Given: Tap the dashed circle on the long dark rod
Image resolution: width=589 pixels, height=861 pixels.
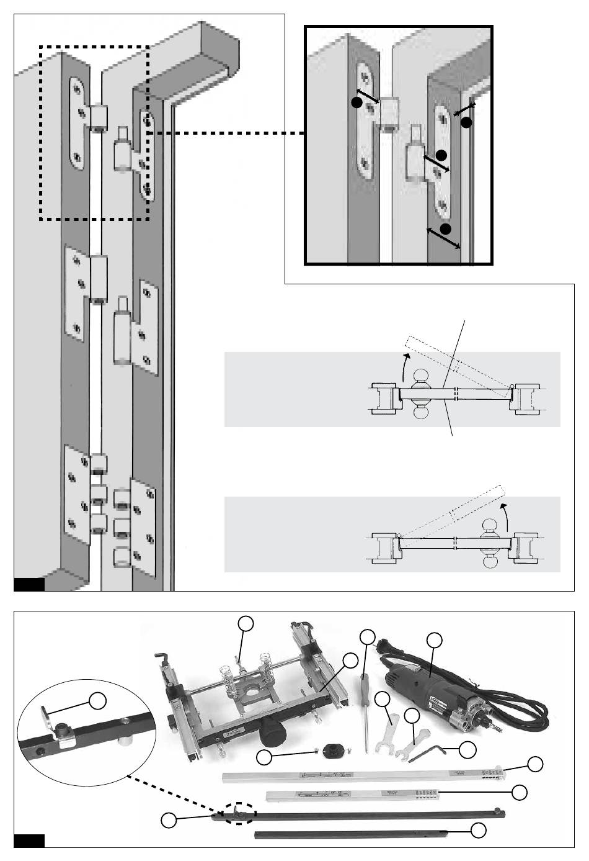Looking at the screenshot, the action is tap(237, 813).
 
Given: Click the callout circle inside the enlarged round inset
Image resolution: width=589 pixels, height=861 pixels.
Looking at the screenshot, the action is tap(98, 701).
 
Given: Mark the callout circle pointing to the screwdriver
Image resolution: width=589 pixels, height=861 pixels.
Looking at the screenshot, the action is tap(368, 636).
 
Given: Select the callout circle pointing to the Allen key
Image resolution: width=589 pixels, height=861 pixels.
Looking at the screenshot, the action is tap(468, 749).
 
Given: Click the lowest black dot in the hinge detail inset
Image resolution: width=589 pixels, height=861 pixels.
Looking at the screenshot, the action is tap(446, 229).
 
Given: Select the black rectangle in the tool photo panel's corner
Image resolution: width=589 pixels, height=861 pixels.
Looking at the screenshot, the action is tap(29, 841).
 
